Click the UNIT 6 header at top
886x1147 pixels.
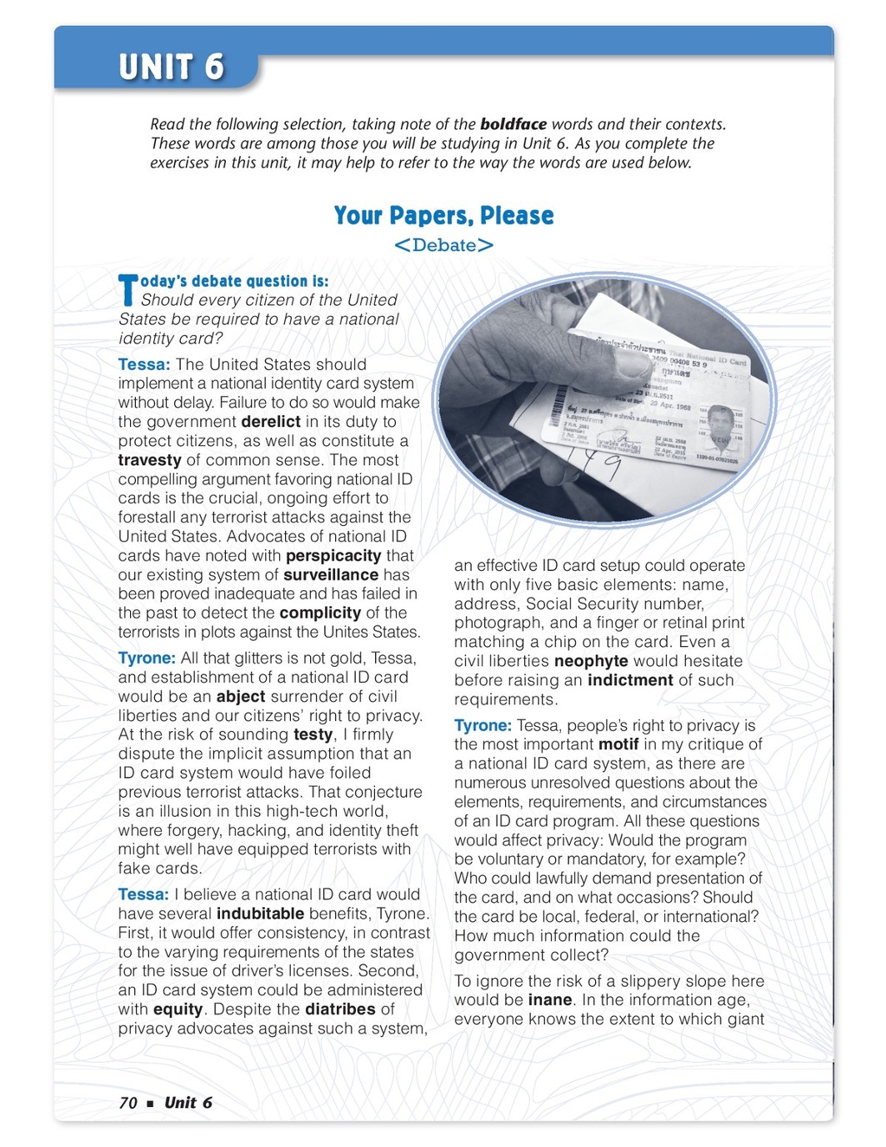[171, 67]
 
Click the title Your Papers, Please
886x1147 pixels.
[443, 216]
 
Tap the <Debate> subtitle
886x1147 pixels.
[443, 245]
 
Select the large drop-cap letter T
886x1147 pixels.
[128, 289]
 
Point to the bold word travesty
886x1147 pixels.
[149, 460]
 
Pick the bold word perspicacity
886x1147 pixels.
[333, 556]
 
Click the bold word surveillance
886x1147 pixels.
[331, 575]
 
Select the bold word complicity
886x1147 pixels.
[320, 614]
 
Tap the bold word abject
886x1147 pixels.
[241, 697]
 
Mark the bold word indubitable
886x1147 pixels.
[260, 914]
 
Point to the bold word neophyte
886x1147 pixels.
[591, 661]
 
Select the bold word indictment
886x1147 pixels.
[630, 680]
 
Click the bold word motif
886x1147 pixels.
[618, 744]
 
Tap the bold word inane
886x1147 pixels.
[550, 1000]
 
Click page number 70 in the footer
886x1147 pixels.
[128, 1103]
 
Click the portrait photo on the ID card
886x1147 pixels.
[721, 423]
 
